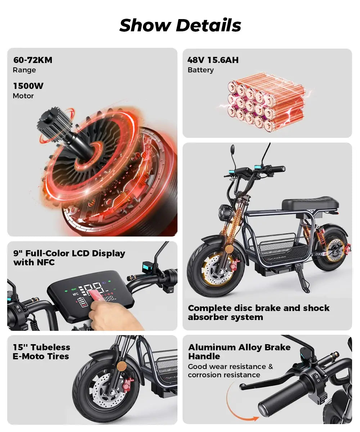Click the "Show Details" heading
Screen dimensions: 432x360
[x=180, y=25]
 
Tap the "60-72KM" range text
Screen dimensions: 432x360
[x=33, y=60]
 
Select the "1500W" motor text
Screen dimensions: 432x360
[x=28, y=86]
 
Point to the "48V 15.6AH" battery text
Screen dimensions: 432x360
[x=213, y=60]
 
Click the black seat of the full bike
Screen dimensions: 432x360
[x=310, y=204]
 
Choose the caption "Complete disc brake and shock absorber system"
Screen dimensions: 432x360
[x=258, y=312]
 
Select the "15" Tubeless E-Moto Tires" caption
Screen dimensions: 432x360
[x=41, y=352]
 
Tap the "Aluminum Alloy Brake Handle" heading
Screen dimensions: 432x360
[x=239, y=352]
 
